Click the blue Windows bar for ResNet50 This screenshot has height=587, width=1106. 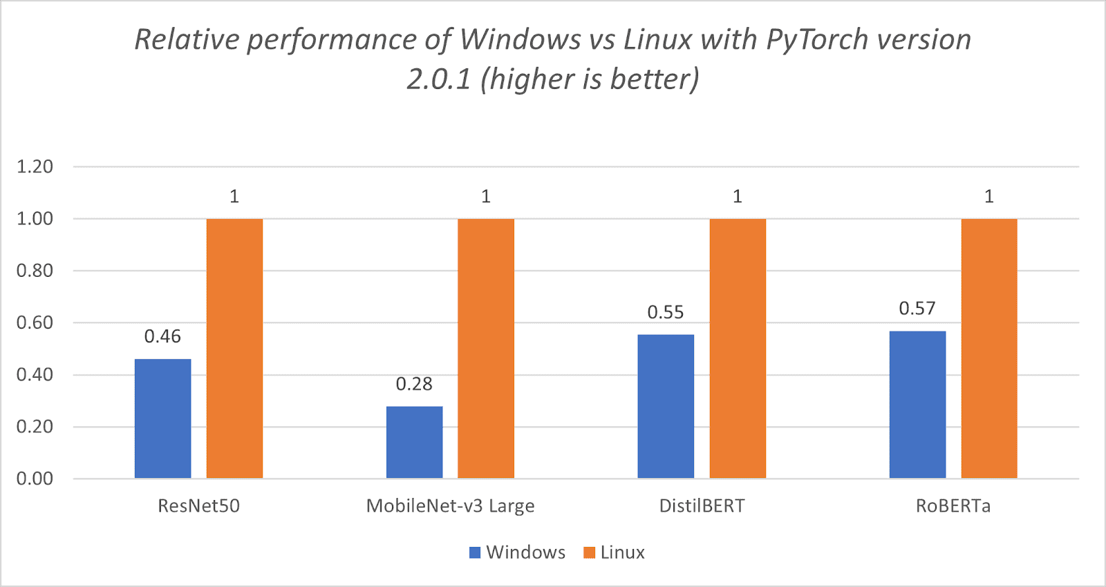pyautogui.click(x=162, y=418)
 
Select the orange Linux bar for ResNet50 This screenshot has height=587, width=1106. pyautogui.click(x=234, y=349)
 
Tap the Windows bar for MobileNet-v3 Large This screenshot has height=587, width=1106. pyautogui.click(x=414, y=442)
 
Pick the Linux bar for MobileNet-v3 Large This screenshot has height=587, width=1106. pyautogui.click(x=486, y=349)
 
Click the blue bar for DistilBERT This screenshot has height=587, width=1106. pyautogui.click(x=666, y=406)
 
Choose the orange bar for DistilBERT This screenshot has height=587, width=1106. pyautogui.click(x=738, y=349)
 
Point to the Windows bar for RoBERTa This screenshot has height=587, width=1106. pyautogui.click(x=917, y=405)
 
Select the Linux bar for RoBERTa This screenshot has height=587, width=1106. pyautogui.click(x=989, y=349)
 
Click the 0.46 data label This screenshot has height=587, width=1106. pyautogui.click(x=162, y=336)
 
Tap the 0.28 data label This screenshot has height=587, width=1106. pyautogui.click(x=414, y=384)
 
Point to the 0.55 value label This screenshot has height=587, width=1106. pyautogui.click(x=666, y=312)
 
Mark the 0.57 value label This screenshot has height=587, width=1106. pyautogui.click(x=917, y=309)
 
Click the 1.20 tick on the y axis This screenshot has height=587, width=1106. pyautogui.click(x=35, y=166)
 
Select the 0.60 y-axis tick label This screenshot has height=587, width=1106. pyautogui.click(x=35, y=323)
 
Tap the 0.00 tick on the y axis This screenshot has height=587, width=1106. pyautogui.click(x=35, y=479)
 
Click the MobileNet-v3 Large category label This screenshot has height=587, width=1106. pyautogui.click(x=451, y=506)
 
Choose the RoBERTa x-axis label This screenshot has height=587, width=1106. pyautogui.click(x=953, y=506)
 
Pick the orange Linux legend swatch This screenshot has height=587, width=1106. pyautogui.click(x=590, y=552)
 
